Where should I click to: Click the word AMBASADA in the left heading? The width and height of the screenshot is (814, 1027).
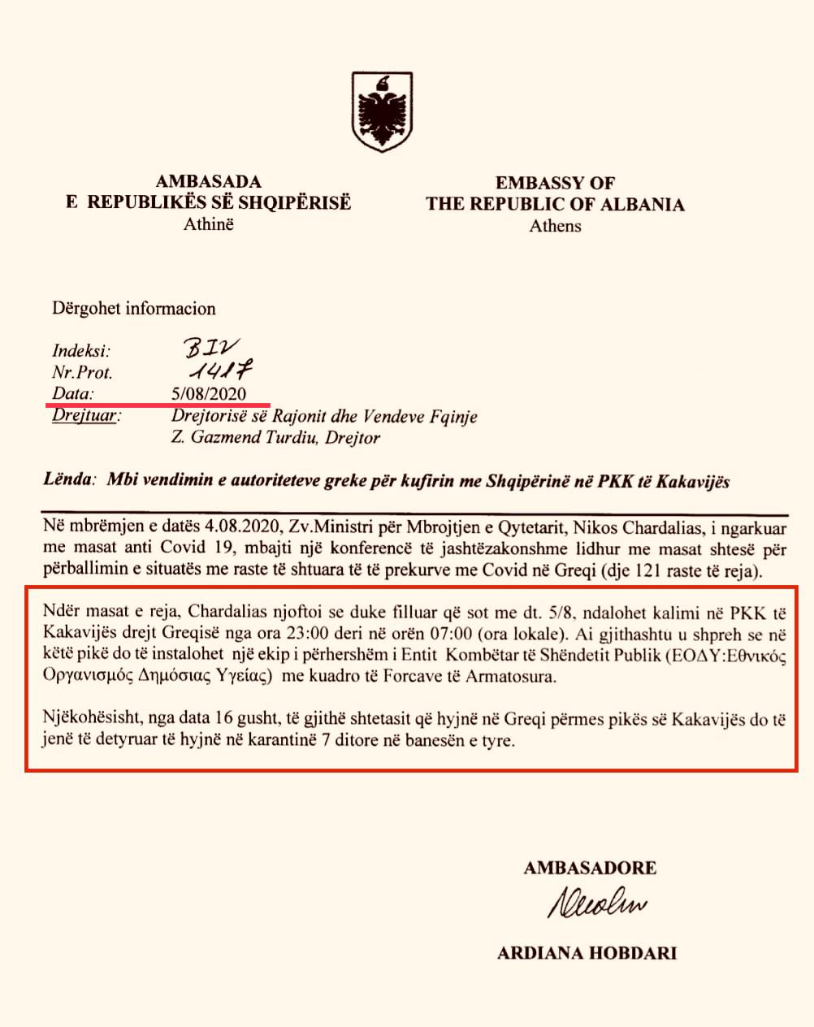(209, 181)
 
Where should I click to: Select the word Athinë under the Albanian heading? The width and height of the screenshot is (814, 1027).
(209, 223)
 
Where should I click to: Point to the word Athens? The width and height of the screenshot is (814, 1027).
(556, 226)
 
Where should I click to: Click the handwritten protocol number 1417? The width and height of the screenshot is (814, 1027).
(217, 371)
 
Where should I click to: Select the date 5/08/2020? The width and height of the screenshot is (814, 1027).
(209, 394)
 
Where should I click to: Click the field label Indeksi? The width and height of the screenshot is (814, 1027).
(81, 351)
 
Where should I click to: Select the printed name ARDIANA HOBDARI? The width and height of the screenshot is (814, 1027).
(587, 953)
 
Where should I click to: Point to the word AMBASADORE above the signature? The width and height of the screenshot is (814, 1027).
(590, 868)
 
